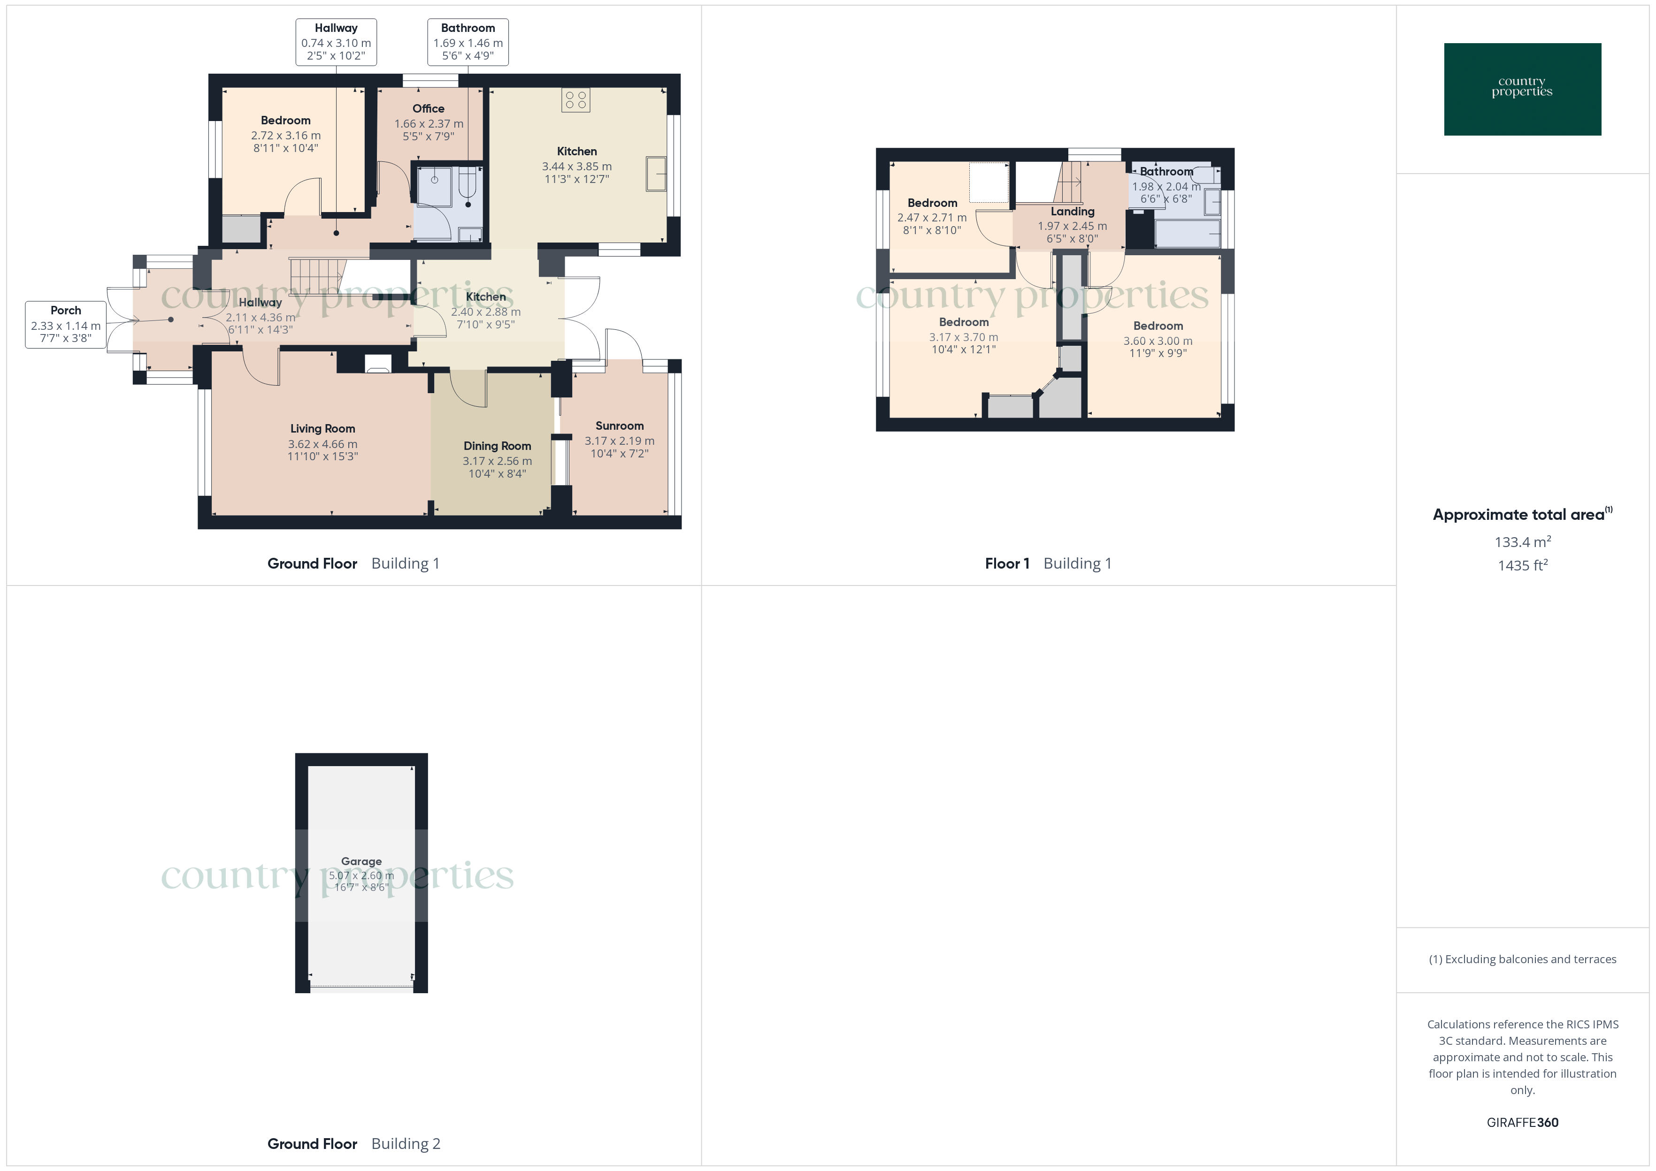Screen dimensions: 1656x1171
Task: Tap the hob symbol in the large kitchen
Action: click(x=575, y=100)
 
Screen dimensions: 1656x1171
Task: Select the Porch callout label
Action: click(x=66, y=325)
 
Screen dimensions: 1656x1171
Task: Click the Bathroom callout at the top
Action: click(x=468, y=42)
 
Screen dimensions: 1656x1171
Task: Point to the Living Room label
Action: click(x=322, y=428)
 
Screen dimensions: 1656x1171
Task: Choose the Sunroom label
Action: click(x=620, y=426)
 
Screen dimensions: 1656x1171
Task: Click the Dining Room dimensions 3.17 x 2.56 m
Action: click(x=498, y=461)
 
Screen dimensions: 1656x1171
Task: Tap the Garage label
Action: click(x=361, y=861)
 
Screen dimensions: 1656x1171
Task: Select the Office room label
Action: click(x=429, y=109)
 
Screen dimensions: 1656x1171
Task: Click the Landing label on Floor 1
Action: click(x=1073, y=211)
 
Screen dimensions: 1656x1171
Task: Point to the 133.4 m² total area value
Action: click(x=1523, y=541)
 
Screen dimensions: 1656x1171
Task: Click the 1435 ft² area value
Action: click(x=1523, y=565)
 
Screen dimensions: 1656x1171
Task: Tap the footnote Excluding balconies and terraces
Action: click(x=1523, y=959)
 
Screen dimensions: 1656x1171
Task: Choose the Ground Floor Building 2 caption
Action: click(x=353, y=1144)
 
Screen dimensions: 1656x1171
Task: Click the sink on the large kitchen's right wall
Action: click(x=656, y=174)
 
